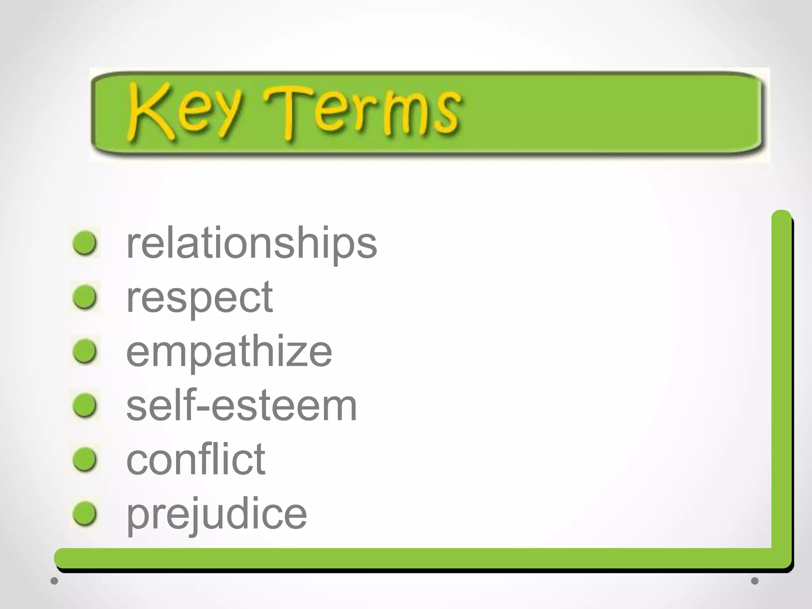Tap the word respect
tap(199, 297)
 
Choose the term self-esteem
tap(241, 405)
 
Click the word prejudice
tap(216, 514)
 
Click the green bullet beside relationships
tap(85, 243)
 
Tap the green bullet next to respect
tap(85, 297)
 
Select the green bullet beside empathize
tap(85, 351)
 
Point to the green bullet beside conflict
tap(85, 459)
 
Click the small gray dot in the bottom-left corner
tap(54, 581)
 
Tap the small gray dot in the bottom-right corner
tap(755, 581)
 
